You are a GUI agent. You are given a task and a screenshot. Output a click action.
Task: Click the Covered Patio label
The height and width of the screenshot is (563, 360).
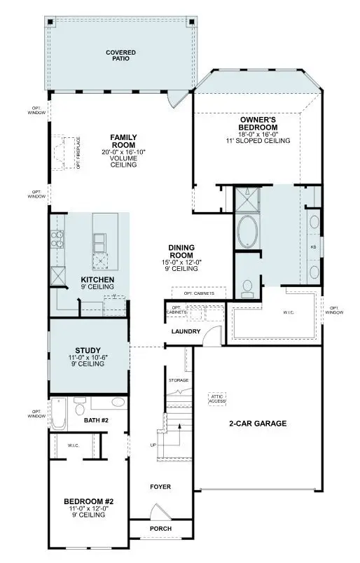(x=120, y=56)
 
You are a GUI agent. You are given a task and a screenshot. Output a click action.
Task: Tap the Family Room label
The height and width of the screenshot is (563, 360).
(x=123, y=141)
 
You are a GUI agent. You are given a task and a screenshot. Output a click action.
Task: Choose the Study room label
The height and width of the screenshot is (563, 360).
(x=88, y=350)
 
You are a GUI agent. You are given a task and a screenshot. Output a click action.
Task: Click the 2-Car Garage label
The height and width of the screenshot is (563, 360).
(x=258, y=424)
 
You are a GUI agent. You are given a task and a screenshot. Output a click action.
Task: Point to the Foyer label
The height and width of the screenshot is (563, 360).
(x=160, y=487)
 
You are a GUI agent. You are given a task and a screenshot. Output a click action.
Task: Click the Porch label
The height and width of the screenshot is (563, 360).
(x=160, y=529)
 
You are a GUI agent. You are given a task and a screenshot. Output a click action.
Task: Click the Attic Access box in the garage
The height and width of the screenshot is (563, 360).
(x=218, y=398)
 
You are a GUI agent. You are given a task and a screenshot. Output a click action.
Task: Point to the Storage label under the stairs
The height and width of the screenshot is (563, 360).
(x=179, y=380)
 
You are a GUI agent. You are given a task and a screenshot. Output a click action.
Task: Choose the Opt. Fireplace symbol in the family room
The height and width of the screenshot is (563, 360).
(x=68, y=152)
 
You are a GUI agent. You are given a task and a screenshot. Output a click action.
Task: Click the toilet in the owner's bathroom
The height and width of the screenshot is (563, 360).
(x=247, y=286)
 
